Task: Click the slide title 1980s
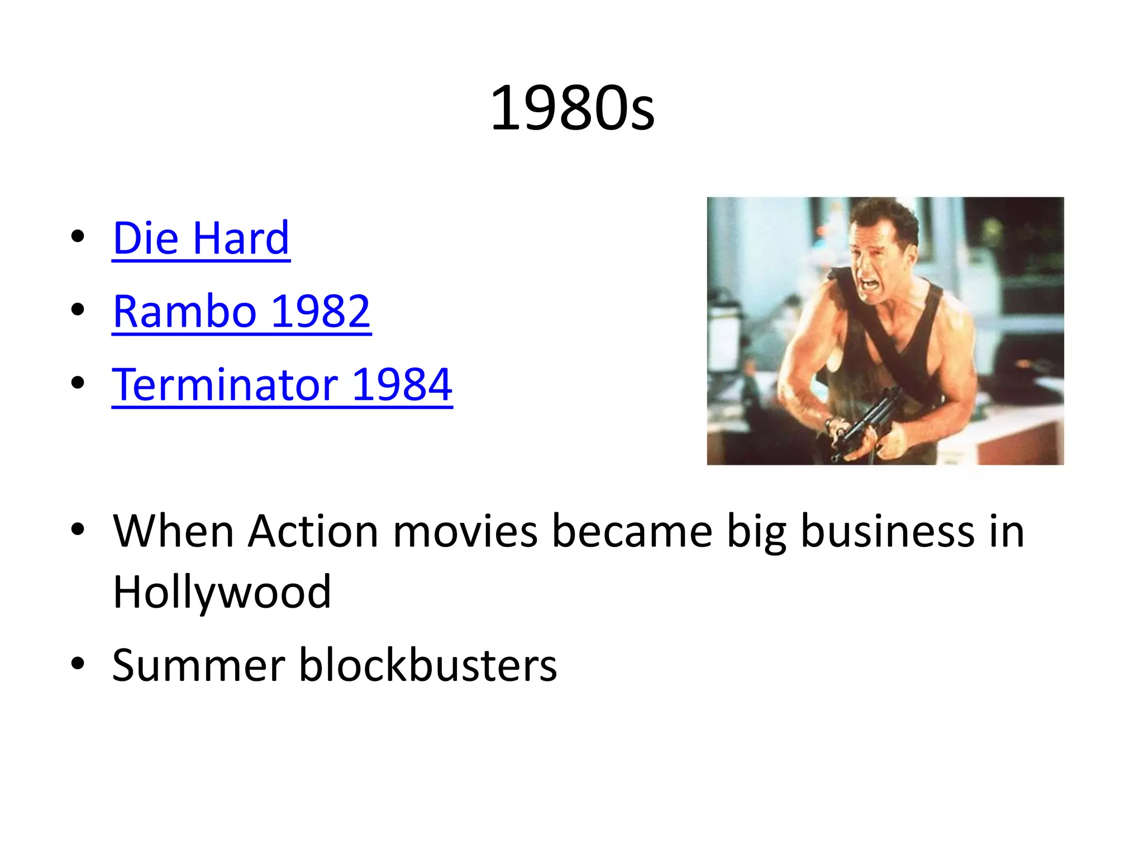pos(572,108)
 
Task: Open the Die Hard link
pos(201,239)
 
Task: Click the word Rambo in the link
pos(184,312)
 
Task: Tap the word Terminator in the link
pos(225,385)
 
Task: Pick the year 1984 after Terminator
pos(402,385)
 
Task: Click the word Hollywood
pos(222,592)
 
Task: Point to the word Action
pos(313,531)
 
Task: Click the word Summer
pos(199,665)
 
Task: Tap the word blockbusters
pos(428,665)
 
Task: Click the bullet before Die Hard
pos(78,237)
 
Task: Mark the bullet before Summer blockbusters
pos(78,664)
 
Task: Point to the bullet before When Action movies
pos(78,529)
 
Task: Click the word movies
pos(465,531)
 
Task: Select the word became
pos(632,531)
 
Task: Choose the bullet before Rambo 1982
pos(78,309)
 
